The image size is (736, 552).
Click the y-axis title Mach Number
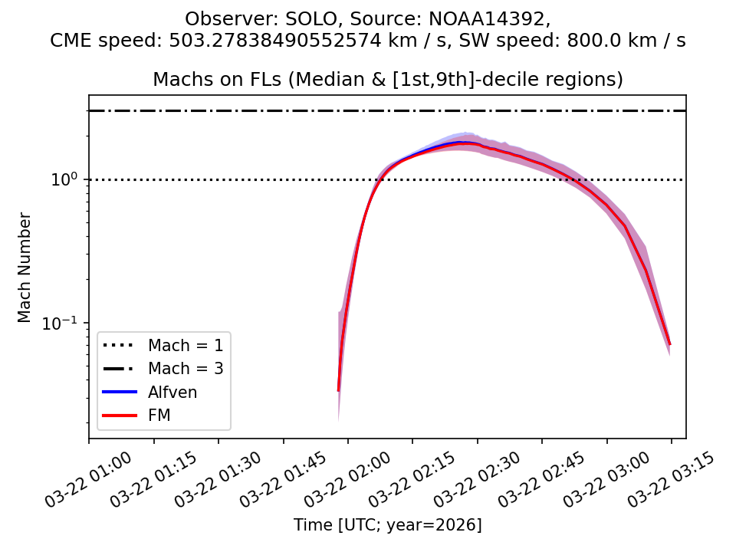pos(25,268)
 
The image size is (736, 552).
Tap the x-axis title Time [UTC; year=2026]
pos(387,525)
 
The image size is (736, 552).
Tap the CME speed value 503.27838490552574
pos(271,41)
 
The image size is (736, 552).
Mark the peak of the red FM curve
pos(462,143)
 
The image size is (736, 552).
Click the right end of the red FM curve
pos(669,343)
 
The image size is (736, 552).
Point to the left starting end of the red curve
pos(338,390)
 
